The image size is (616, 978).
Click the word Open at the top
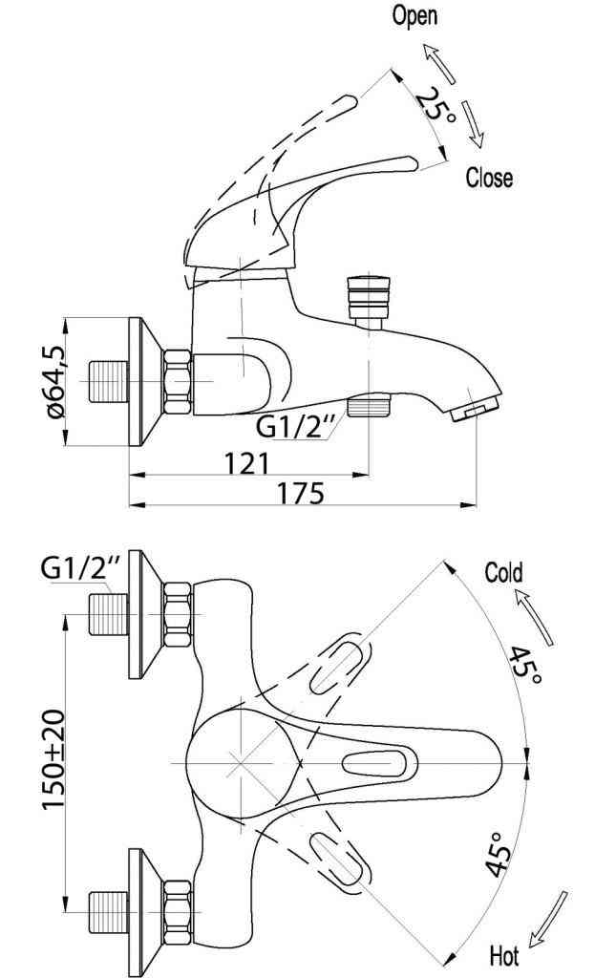[x=414, y=15]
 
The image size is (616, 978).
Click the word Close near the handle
[x=489, y=178]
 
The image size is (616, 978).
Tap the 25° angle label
[x=435, y=102]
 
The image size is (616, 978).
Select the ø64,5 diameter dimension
[x=54, y=380]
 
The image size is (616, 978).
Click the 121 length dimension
[x=246, y=463]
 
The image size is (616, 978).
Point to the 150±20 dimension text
[x=53, y=760]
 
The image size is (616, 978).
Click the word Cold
[x=503, y=573]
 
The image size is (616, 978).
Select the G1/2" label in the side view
[x=293, y=426]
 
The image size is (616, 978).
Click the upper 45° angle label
[x=526, y=666]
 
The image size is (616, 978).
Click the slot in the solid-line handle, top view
[x=380, y=764]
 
